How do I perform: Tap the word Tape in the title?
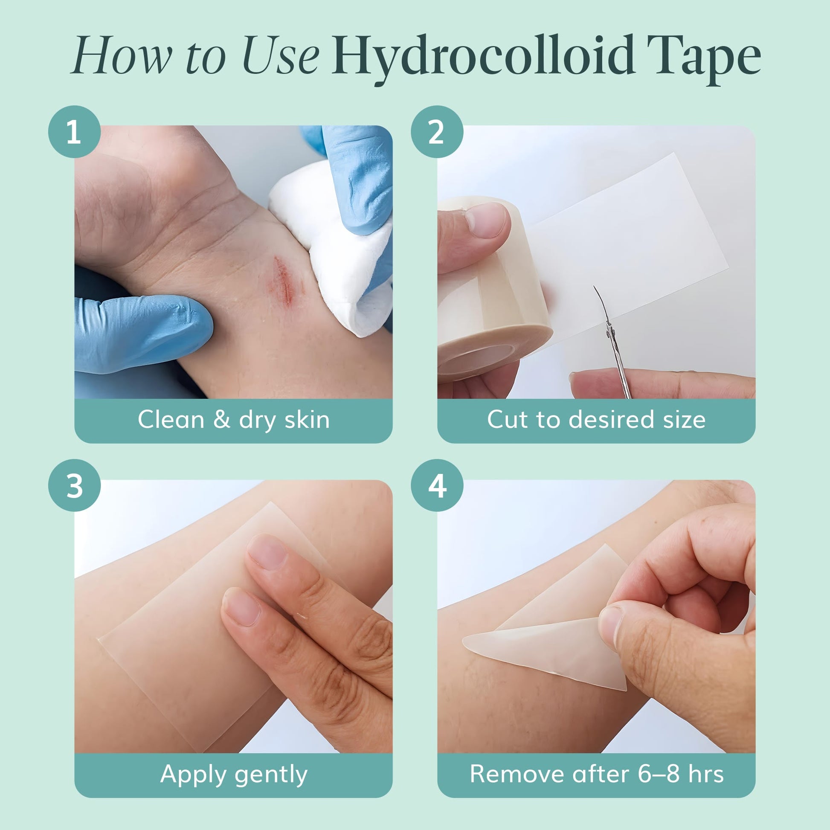pyautogui.click(x=705, y=59)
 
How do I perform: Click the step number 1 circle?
pyautogui.click(x=74, y=131)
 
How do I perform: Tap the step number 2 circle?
pyautogui.click(x=437, y=131)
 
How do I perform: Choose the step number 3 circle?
pyautogui.click(x=74, y=485)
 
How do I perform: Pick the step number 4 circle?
pyautogui.click(x=437, y=485)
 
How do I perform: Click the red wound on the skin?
pyautogui.click(x=284, y=281)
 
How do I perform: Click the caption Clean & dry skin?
pyautogui.click(x=234, y=420)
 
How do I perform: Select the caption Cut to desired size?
pyautogui.click(x=596, y=420)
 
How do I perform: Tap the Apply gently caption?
pyautogui.click(x=234, y=775)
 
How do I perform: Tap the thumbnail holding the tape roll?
pyautogui.click(x=487, y=220)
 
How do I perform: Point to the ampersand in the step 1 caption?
pyautogui.click(x=222, y=420)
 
